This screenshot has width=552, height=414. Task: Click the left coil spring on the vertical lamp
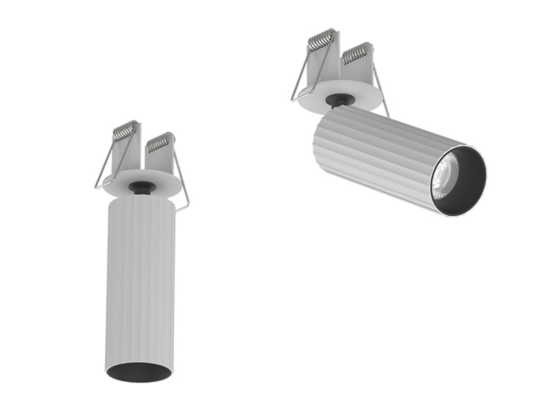coord(124,130)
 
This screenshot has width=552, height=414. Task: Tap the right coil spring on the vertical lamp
coord(160,142)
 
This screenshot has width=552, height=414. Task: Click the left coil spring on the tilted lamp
coord(322,40)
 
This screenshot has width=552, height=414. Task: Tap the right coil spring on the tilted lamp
coord(357,52)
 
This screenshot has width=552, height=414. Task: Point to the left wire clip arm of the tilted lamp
coord(300,80)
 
